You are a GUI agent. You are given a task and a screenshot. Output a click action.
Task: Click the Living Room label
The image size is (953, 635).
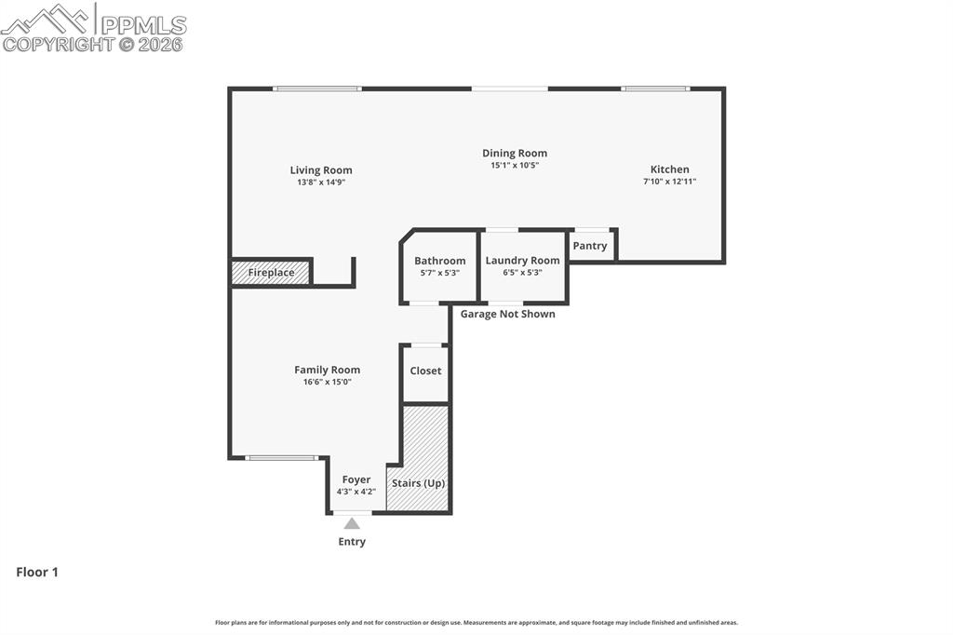(321, 170)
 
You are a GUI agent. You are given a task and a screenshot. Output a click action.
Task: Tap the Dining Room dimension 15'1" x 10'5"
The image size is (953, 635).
(515, 165)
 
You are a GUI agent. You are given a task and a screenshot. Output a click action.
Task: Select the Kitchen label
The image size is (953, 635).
(669, 169)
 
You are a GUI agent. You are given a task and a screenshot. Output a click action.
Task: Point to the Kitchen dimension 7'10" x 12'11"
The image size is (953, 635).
(669, 182)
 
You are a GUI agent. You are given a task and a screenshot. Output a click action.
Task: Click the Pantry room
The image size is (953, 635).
(590, 246)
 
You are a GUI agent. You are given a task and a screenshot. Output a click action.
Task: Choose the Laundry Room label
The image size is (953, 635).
(522, 261)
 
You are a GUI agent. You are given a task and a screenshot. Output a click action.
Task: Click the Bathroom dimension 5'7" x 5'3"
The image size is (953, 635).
(439, 273)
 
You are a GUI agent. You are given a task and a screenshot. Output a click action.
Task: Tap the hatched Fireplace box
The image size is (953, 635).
(271, 273)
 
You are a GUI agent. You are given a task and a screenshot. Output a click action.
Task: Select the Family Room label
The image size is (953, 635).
(327, 370)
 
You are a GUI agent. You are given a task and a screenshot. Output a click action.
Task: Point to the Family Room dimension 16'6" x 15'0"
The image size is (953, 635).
(327, 382)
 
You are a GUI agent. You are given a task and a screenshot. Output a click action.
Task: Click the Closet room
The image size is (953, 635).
(425, 372)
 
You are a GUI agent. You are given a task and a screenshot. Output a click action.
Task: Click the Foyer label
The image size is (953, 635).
(356, 480)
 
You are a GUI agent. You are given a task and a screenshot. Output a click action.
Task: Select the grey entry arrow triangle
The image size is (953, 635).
(352, 524)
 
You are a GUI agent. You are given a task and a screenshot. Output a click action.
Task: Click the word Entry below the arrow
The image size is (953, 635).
(352, 542)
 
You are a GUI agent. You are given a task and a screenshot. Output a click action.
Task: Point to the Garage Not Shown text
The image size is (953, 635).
(507, 314)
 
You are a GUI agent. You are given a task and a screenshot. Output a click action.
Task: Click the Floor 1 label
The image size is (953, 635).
(37, 573)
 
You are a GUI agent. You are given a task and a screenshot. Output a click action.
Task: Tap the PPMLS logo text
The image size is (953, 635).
(141, 25)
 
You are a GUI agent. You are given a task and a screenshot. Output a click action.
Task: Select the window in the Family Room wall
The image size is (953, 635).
(281, 457)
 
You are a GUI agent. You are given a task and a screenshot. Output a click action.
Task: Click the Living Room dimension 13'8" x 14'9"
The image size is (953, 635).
(321, 182)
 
